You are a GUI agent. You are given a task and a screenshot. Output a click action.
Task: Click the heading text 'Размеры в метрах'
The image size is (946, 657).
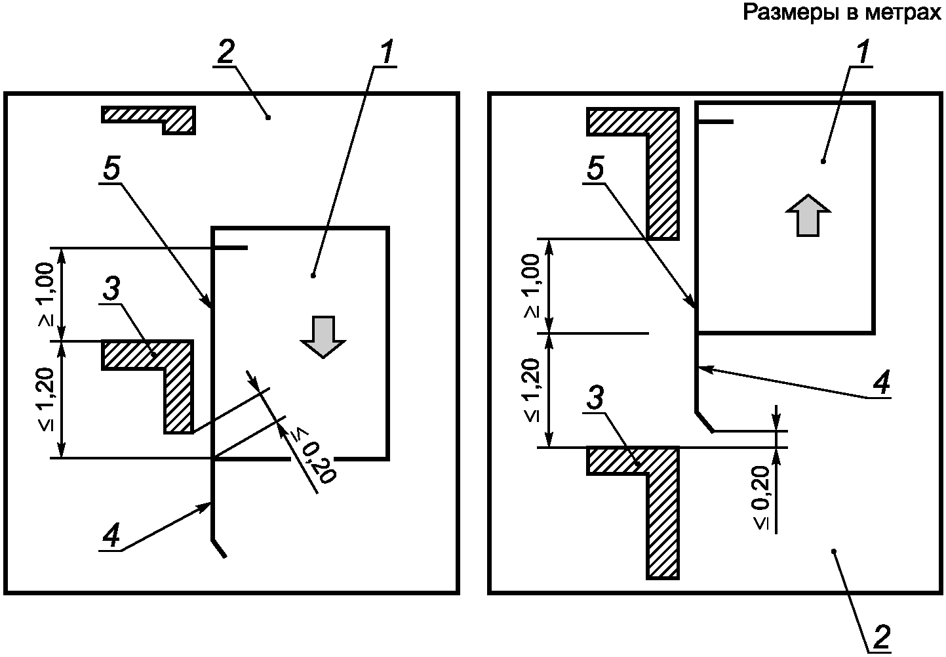click(842, 12)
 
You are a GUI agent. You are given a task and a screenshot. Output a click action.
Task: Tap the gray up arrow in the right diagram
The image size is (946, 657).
click(807, 215)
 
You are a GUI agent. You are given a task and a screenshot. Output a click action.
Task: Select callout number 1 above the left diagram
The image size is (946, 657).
click(387, 53)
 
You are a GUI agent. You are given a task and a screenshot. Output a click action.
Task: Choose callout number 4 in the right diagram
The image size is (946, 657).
click(883, 383)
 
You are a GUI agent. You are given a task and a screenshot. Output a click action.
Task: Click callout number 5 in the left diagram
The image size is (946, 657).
click(111, 171)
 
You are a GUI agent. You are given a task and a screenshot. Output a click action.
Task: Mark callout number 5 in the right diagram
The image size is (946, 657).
click(594, 171)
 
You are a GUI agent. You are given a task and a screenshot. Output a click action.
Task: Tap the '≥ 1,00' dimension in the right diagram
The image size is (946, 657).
click(533, 286)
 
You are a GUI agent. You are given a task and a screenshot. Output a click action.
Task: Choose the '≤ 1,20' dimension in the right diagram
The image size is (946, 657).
click(533, 391)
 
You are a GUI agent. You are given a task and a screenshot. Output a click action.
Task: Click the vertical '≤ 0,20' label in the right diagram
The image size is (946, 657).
click(760, 497)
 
